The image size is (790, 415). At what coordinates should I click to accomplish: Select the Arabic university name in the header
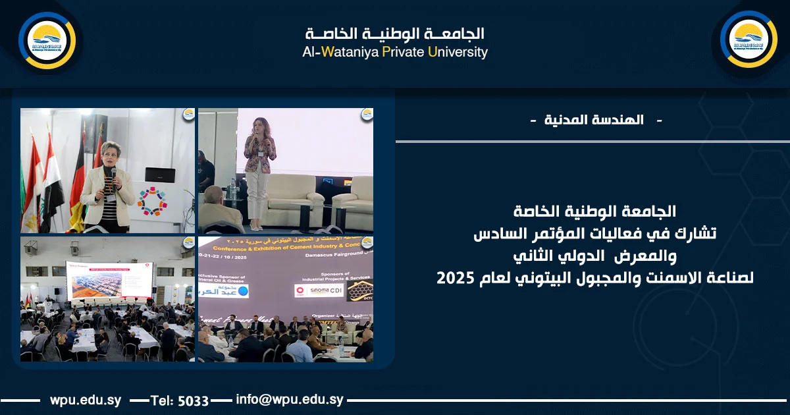(395, 33)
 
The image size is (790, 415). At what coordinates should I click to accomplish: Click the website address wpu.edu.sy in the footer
(84, 400)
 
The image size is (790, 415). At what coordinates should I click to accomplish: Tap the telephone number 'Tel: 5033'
(180, 401)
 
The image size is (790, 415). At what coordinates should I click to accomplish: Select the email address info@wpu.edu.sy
(290, 400)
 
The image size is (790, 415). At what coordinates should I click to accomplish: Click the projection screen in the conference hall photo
(109, 279)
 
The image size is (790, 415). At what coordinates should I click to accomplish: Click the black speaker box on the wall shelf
(160, 175)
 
